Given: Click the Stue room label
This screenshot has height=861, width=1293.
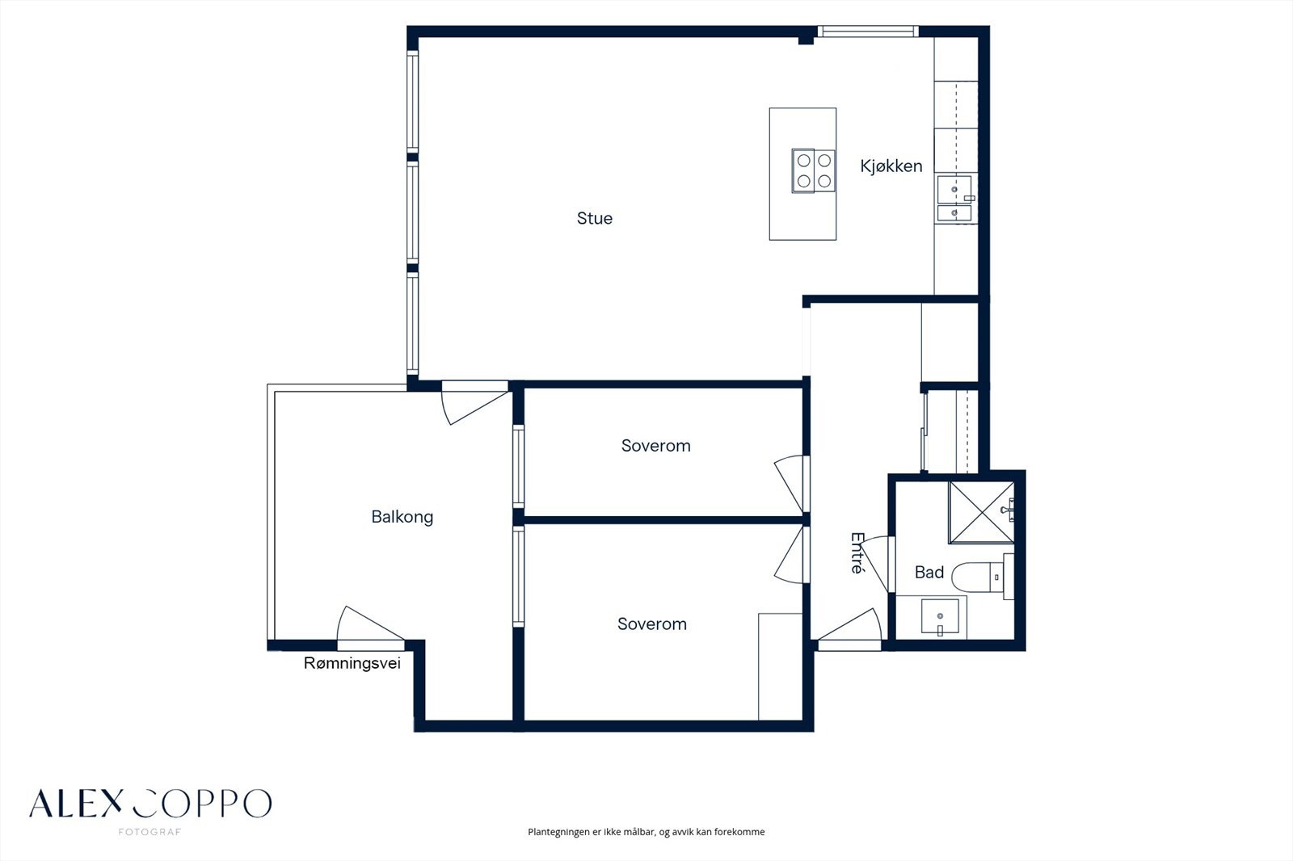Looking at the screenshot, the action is click(595, 218).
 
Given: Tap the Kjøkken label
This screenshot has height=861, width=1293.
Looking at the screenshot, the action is click(891, 166).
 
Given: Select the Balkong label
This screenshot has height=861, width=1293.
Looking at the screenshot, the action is click(402, 516).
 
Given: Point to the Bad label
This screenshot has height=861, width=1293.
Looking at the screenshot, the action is click(929, 573).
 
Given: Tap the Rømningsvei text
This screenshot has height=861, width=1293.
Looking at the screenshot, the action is click(352, 663).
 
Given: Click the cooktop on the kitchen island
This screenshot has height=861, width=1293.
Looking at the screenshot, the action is click(813, 170).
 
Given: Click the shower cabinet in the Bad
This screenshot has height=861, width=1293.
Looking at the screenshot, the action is click(981, 512).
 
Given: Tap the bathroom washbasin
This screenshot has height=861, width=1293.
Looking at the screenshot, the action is click(940, 617).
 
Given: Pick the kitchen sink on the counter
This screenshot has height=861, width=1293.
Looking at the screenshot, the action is click(954, 199).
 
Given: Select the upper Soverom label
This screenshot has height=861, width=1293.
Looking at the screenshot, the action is click(655, 446).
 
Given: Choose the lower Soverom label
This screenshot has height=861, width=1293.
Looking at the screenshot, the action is click(652, 624).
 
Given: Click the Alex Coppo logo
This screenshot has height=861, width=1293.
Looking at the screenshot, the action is click(150, 804).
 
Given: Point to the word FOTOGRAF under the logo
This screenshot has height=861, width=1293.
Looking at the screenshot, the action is click(150, 832).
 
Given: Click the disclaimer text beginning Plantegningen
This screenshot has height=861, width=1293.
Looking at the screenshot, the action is click(646, 832).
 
